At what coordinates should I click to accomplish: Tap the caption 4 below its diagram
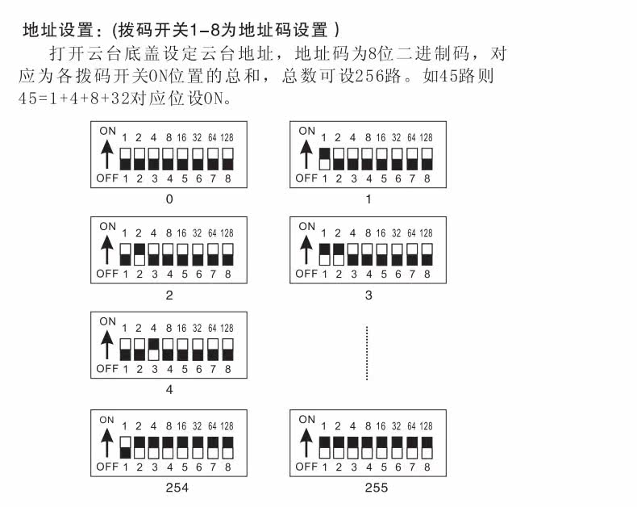tap(169, 389)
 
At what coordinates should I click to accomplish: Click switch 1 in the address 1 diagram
tap(325, 158)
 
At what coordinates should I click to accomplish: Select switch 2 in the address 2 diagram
tap(139, 253)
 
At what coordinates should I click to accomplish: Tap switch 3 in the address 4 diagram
tap(154, 349)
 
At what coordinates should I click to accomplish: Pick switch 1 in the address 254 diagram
tap(125, 446)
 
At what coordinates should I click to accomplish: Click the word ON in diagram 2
tap(107, 226)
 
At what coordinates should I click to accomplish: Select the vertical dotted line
tap(367, 353)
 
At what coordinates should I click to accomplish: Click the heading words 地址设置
tap(50, 31)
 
